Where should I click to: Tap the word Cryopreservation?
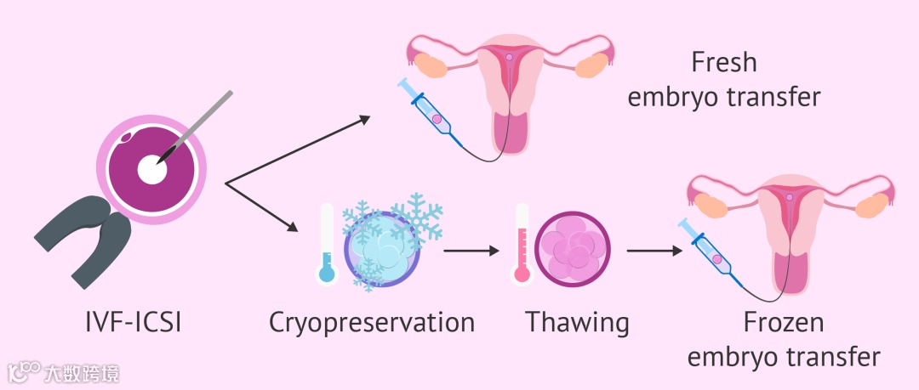[x=372, y=324]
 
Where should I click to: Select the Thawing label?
[x=577, y=324]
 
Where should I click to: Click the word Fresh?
[x=724, y=63]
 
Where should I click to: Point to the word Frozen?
[x=785, y=324]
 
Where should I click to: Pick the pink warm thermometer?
[x=522, y=243]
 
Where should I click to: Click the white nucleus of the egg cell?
[x=152, y=167]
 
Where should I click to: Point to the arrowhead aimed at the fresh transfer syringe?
[x=365, y=121]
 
